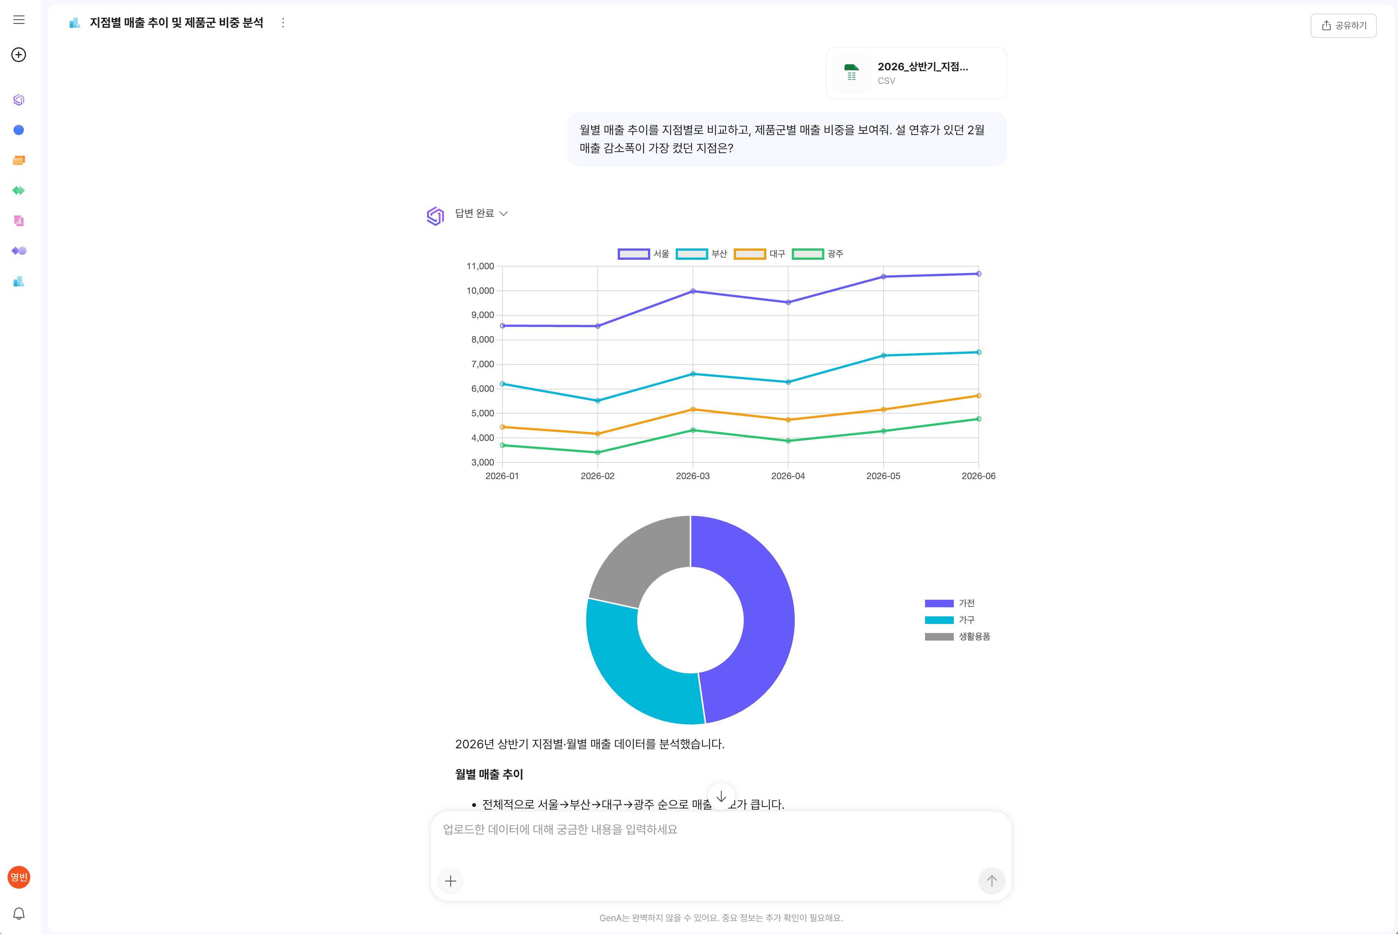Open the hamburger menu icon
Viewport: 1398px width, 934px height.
[x=19, y=20]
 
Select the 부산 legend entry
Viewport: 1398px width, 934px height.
[x=701, y=254]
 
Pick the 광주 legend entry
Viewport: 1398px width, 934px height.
[x=817, y=254]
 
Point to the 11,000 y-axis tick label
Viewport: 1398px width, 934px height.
[x=480, y=266]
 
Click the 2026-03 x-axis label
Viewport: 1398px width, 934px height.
[x=693, y=476]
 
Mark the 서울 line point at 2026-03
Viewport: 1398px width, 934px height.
[x=693, y=291]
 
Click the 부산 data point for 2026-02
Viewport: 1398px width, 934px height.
[x=598, y=401]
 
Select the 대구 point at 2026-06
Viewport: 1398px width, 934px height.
[x=979, y=396]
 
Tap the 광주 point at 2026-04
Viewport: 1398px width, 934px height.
[x=788, y=441]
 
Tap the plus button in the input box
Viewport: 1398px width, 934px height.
[x=451, y=881]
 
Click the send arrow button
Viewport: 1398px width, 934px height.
[x=991, y=881]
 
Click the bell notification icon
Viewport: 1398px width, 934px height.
[x=19, y=914]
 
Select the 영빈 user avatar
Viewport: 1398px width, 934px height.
[x=19, y=877]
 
